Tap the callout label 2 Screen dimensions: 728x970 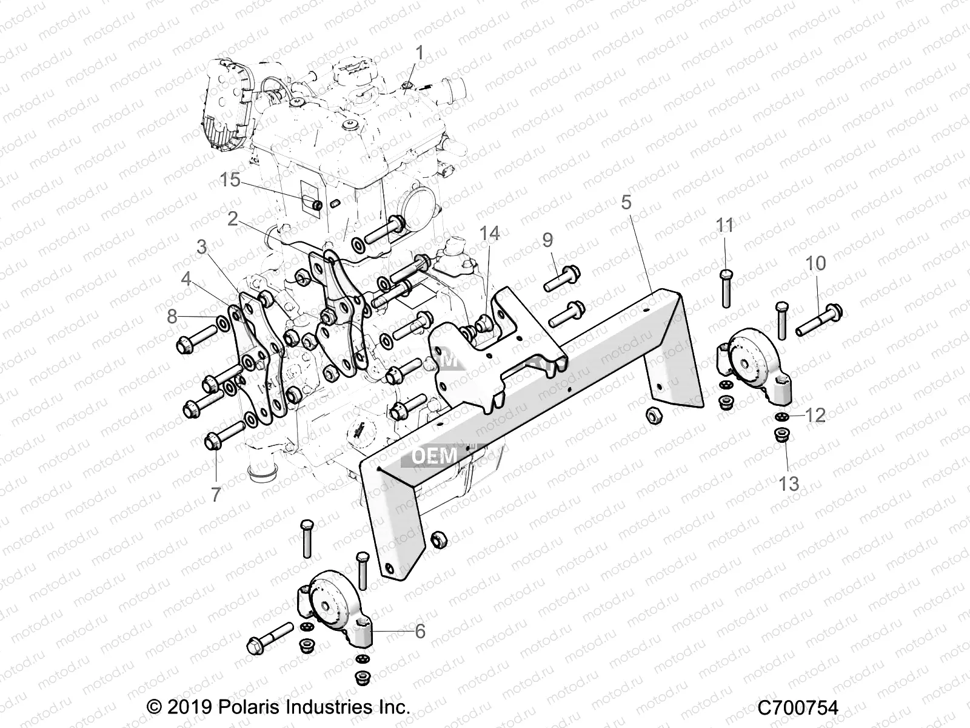pyautogui.click(x=233, y=219)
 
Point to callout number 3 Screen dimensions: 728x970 pyautogui.click(x=201, y=246)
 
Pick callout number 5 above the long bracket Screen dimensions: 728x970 pyautogui.click(x=626, y=202)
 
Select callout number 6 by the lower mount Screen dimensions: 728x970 pyautogui.click(x=420, y=632)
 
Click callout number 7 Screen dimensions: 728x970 pyautogui.click(x=216, y=494)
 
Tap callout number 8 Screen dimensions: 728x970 pyautogui.click(x=173, y=316)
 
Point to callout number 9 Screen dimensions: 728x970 pyautogui.click(x=547, y=240)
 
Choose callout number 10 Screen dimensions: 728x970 pyautogui.click(x=815, y=263)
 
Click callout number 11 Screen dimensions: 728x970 pyautogui.click(x=724, y=226)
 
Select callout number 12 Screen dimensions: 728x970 pyautogui.click(x=817, y=415)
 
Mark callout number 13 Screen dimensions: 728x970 pyautogui.click(x=789, y=484)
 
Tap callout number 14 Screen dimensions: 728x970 pyautogui.click(x=489, y=233)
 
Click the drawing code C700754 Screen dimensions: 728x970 pyautogui.click(x=797, y=707)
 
